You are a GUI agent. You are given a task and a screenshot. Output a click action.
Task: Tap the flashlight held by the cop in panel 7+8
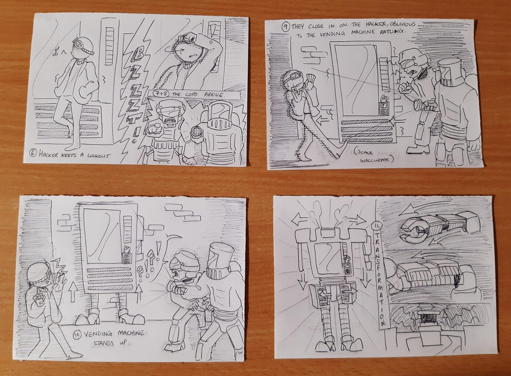click(197, 132)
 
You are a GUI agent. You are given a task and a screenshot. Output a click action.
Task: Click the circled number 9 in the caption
click(286, 27)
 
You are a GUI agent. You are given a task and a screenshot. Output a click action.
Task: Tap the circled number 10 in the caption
click(77, 335)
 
